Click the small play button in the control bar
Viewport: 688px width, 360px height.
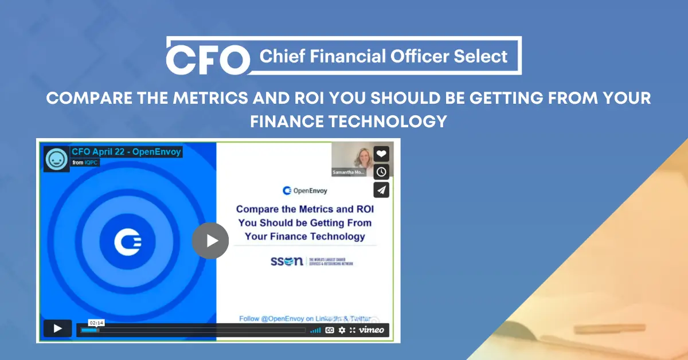point(57,328)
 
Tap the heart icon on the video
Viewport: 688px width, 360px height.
point(381,154)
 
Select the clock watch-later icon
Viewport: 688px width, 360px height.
point(381,171)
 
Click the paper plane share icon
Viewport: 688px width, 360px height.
point(381,190)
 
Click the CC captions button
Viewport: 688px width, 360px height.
point(330,330)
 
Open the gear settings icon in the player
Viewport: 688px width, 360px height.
point(342,330)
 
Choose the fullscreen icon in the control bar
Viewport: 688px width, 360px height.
point(353,330)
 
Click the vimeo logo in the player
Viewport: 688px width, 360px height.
point(372,330)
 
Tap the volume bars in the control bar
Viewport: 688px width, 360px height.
point(315,330)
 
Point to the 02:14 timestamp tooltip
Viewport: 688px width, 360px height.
point(96,323)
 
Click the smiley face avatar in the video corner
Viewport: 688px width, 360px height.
point(56,159)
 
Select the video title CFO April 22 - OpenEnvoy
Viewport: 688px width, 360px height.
point(126,152)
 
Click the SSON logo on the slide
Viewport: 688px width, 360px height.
point(287,261)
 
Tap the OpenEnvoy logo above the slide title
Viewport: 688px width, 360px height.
point(305,190)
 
